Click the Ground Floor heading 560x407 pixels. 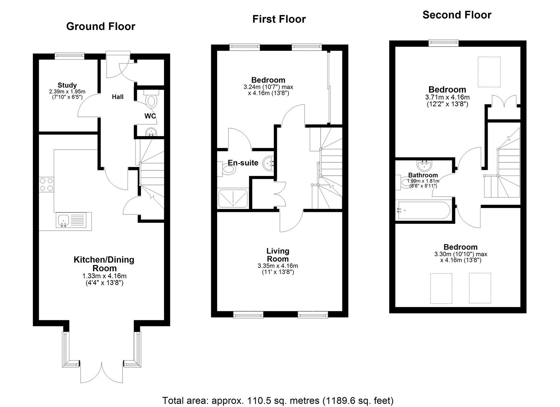coord(101,26)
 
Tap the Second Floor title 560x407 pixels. coord(457,15)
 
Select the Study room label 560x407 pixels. coord(67,85)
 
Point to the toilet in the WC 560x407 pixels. coord(151,99)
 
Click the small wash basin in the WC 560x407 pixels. coord(151,132)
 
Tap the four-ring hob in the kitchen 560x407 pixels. coord(46,184)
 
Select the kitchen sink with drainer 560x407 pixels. coord(74,221)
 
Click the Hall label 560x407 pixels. coord(118,97)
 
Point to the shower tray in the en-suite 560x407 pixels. coord(233,199)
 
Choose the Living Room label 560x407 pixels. coord(278,255)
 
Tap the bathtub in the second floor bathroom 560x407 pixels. coord(423,211)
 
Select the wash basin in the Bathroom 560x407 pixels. coord(425,165)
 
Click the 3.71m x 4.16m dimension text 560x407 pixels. coord(447,97)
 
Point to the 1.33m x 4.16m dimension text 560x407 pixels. coord(104,276)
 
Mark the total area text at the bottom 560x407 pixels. coord(278,401)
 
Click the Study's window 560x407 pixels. coord(69,56)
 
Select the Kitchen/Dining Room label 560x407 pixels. coord(104,264)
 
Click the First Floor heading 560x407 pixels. coord(279,19)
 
